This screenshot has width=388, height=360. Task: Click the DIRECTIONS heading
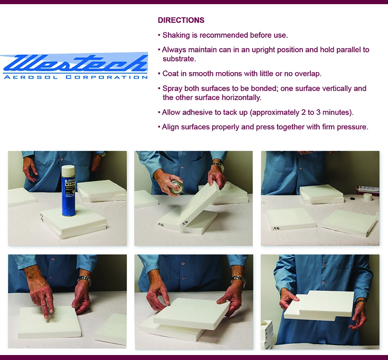tap(181, 20)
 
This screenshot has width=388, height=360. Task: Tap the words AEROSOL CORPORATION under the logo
tap(75, 77)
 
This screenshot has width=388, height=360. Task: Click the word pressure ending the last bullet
tap(351, 127)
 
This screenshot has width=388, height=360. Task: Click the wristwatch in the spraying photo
tap(218, 167)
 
